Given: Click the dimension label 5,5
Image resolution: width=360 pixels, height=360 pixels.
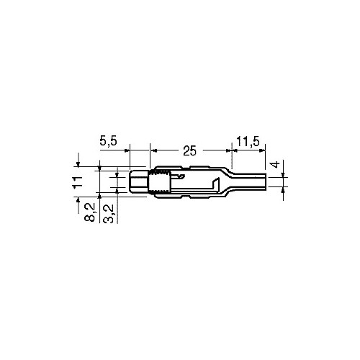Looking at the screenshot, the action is tap(108, 140).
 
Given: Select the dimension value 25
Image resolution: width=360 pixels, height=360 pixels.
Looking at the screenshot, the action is tap(189, 151).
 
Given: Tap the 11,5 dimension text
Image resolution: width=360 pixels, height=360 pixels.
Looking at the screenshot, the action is tap(248, 141).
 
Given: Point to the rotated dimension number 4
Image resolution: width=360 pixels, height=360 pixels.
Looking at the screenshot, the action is tap(276, 164).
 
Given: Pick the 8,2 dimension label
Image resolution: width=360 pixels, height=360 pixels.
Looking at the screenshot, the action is tap(90, 212).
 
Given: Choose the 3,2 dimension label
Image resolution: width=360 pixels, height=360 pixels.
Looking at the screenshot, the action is tap(108, 214).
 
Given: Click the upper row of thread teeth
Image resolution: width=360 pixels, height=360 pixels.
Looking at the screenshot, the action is tap(160, 172).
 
